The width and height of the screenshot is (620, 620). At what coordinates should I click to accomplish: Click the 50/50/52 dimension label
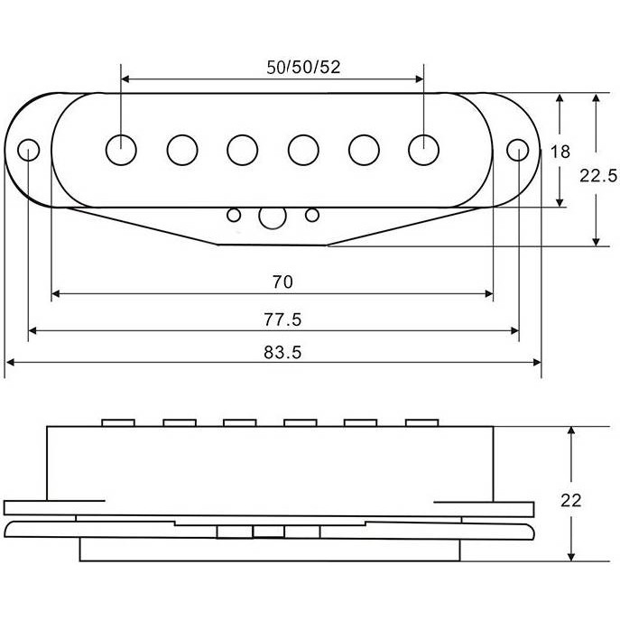303,67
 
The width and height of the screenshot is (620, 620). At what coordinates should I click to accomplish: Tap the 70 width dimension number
282,282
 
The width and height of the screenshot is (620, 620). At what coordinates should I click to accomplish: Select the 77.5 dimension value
282,319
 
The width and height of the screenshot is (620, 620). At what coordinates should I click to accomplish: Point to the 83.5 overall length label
282,352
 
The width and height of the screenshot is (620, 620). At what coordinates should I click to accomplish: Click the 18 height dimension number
560,152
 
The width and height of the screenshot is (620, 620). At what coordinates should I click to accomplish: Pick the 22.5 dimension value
598,176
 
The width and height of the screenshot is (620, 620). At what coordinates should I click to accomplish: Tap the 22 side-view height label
571,501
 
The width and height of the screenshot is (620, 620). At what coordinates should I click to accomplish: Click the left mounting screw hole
29,150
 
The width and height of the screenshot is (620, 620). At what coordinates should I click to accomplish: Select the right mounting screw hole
518,150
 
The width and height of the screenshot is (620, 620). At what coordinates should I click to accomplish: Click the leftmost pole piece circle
122,150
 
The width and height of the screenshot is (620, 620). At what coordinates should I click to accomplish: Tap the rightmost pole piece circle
423,150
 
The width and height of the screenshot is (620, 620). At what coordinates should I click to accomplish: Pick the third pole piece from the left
243,150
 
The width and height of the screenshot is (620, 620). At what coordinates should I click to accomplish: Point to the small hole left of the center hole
234,215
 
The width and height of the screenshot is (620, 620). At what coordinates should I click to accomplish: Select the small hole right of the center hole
312,215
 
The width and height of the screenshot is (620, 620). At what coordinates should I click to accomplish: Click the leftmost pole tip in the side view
118,422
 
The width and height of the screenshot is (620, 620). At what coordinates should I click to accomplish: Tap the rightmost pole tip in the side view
422,422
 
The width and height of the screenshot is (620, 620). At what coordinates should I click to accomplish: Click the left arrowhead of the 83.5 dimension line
11,362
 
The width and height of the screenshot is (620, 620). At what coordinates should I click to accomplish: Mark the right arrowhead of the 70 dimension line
489,294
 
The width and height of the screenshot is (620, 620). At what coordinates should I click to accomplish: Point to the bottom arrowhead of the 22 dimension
571,557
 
